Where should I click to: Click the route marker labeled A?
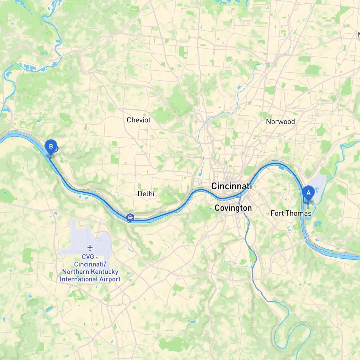pyautogui.click(x=308, y=193)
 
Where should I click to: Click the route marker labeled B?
pyautogui.click(x=51, y=147)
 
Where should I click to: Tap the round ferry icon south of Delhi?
pyautogui.click(x=130, y=217)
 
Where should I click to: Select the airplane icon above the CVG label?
pyautogui.click(x=90, y=248)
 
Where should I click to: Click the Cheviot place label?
pyautogui.click(x=138, y=120)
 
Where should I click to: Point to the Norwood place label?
pyautogui.click(x=280, y=121)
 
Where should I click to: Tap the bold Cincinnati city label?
pyautogui.click(x=231, y=186)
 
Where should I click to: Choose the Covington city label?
pyautogui.click(x=233, y=208)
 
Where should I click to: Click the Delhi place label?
pyautogui.click(x=146, y=193)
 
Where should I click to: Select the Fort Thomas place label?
pyautogui.click(x=291, y=213)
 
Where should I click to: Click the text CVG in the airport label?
pyautogui.click(x=88, y=257)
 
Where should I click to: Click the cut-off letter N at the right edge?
pyautogui.click(x=359, y=35)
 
